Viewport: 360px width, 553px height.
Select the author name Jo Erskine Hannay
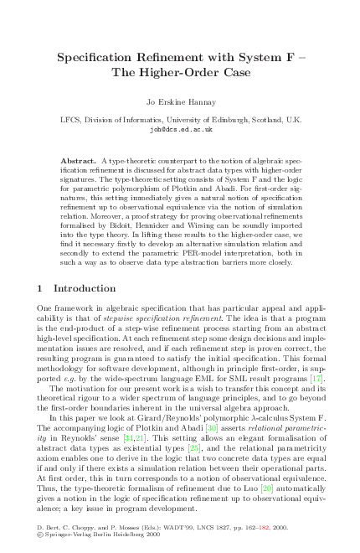(x=181, y=105)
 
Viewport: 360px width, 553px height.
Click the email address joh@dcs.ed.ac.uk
(x=181, y=131)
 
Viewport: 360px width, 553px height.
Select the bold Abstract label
(x=80, y=159)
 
